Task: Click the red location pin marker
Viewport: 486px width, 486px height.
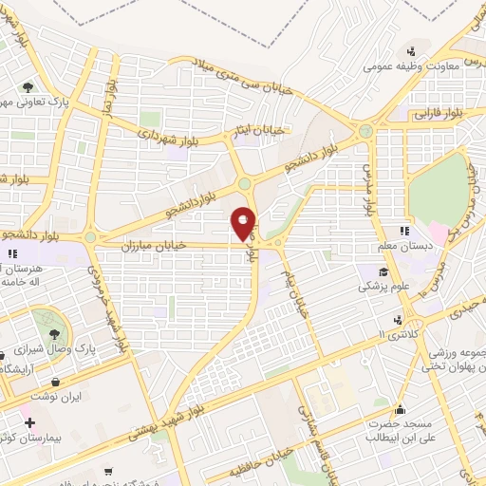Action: pyautogui.click(x=244, y=223)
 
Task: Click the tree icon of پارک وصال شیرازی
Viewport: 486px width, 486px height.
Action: pyautogui.click(x=54, y=333)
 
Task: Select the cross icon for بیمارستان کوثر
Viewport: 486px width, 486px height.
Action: pyautogui.click(x=30, y=421)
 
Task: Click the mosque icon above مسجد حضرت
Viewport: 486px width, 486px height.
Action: pyautogui.click(x=402, y=411)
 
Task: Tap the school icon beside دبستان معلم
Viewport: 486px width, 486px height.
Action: pyautogui.click(x=403, y=231)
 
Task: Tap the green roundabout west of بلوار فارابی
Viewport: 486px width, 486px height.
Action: pyautogui.click(x=366, y=131)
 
